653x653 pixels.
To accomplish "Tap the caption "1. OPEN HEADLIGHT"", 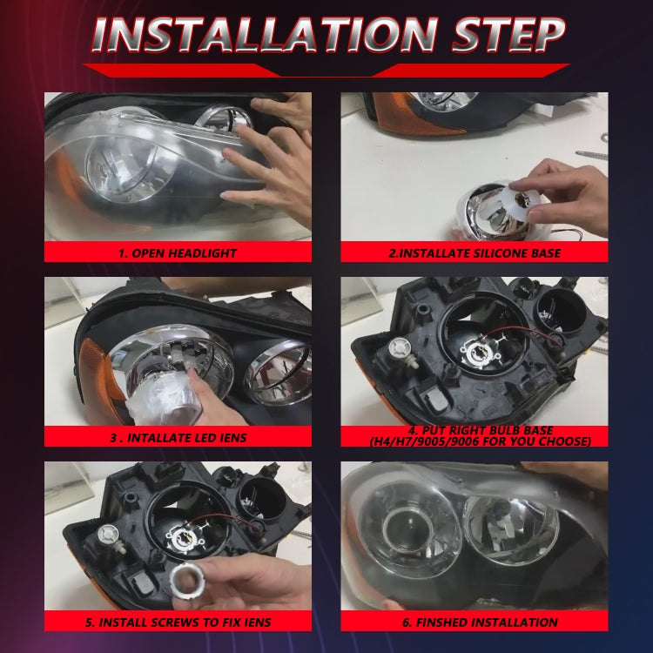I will [x=178, y=253].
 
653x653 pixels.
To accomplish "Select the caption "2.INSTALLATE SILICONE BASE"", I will [x=474, y=253].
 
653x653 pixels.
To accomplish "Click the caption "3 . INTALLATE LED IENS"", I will [x=178, y=437].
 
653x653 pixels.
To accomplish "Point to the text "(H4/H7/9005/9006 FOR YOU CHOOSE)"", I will [x=474, y=442].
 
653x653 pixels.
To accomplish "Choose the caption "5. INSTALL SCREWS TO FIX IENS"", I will [x=178, y=622].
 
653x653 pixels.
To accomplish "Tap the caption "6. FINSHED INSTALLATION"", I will [x=474, y=622].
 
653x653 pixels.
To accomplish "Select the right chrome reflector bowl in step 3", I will [x=277, y=375].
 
